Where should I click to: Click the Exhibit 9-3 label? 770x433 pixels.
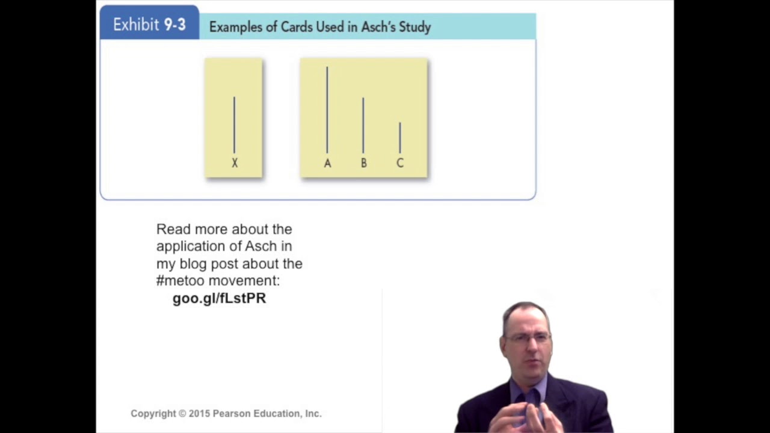pos(149,25)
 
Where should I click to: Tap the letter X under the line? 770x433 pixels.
pos(235,163)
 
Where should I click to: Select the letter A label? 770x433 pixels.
pos(327,163)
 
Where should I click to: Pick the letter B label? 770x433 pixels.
pos(363,163)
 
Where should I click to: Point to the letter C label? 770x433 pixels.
pos(400,163)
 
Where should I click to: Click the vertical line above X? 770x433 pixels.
pos(234,124)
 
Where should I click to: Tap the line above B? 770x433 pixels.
pos(363,125)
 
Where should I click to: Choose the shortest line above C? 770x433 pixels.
pos(400,137)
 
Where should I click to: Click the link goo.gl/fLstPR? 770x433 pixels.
pos(219,298)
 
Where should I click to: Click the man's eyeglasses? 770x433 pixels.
pos(528,338)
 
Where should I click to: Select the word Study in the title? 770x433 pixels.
pos(416,27)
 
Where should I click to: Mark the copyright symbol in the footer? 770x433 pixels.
pos(182,414)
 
